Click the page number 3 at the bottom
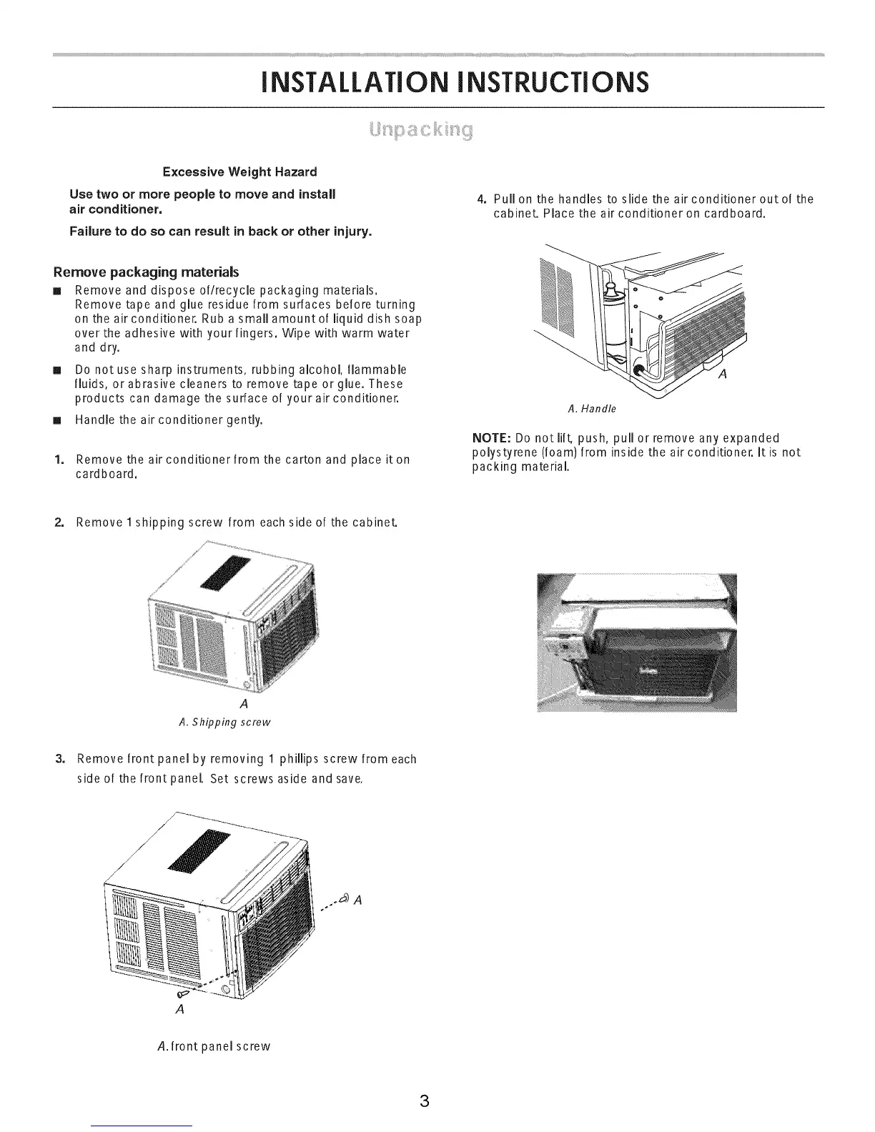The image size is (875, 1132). coord(424,1100)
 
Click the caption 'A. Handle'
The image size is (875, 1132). coord(591,409)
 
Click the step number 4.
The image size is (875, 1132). coord(482,199)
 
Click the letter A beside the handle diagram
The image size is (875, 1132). coord(721,379)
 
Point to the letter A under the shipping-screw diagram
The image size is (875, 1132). coord(244,704)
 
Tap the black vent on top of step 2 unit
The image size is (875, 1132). coord(227,573)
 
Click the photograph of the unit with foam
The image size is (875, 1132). coord(637,642)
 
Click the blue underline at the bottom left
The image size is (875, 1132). coord(143,1126)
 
